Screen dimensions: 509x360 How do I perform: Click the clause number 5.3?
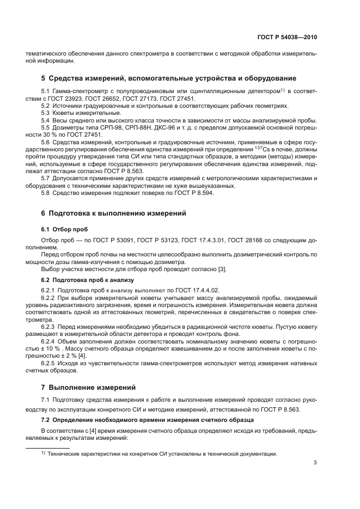[46, 113]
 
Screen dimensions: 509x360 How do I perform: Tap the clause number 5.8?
[46, 192]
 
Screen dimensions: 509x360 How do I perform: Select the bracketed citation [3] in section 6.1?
[222, 268]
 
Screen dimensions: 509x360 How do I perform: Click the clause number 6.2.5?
[48, 348]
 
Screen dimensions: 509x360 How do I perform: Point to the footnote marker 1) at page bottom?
[44, 453]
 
